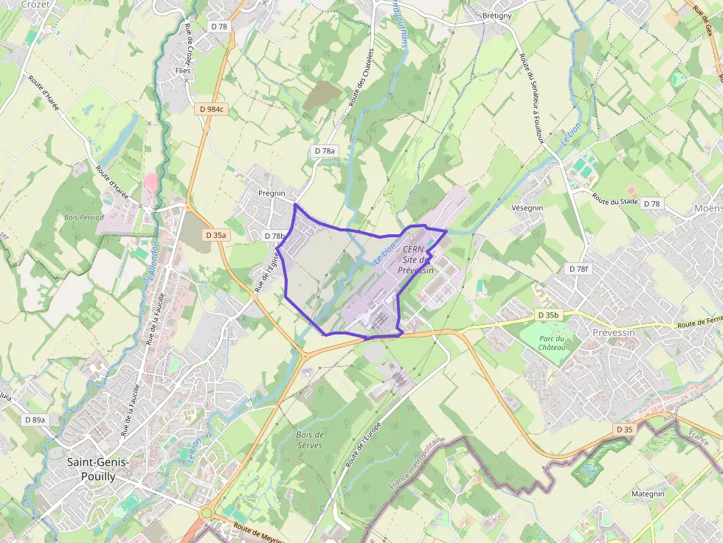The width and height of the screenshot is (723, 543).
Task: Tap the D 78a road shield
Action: click(x=325, y=151)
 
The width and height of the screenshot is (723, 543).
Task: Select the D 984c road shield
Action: click(x=212, y=109)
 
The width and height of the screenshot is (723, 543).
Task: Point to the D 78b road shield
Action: click(x=274, y=236)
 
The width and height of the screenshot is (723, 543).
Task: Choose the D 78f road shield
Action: click(x=579, y=269)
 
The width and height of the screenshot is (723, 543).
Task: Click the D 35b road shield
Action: click(x=548, y=315)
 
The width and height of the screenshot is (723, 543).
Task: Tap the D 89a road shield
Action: click(x=35, y=419)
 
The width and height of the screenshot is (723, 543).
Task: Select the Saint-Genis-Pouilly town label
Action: click(x=98, y=469)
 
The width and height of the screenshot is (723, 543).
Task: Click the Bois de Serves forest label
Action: click(x=311, y=440)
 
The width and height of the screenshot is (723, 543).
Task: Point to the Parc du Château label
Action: click(x=552, y=343)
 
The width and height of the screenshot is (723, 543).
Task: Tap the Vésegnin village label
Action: click(x=527, y=208)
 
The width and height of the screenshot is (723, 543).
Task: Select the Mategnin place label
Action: click(x=648, y=494)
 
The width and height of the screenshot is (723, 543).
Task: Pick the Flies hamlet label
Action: click(x=182, y=71)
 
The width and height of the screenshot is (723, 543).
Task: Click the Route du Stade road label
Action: click(x=615, y=199)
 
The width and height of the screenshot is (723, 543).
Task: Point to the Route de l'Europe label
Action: click(x=363, y=446)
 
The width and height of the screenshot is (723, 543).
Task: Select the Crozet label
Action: click(x=35, y=4)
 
